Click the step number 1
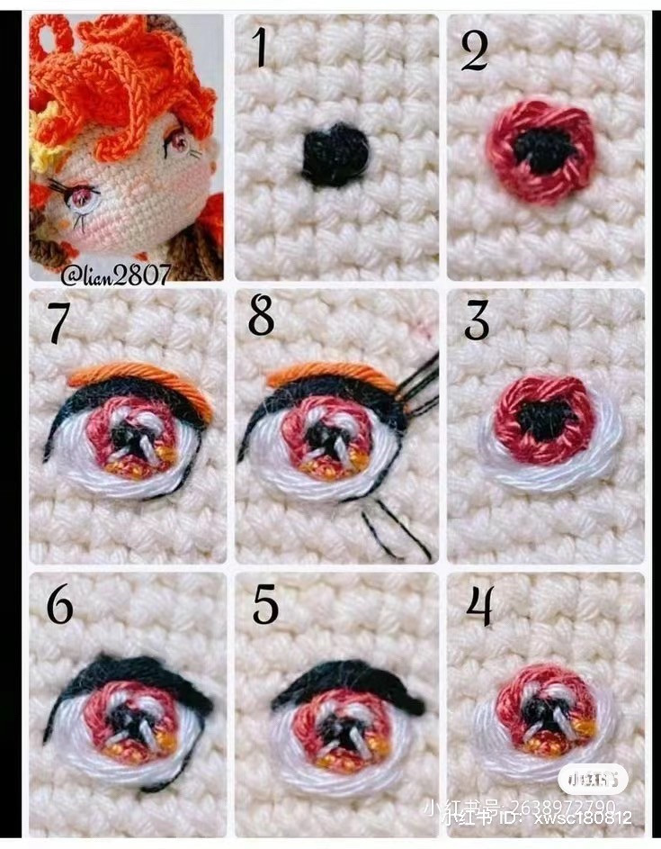[x=260, y=48]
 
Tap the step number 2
[x=474, y=51]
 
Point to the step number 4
[x=479, y=606]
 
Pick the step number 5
[x=265, y=606]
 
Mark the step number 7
[x=58, y=323]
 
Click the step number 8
[x=261, y=319]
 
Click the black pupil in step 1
[x=335, y=156]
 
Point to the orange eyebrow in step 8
[x=333, y=373]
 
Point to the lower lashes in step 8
[x=396, y=531]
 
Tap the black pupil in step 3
[x=546, y=418]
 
